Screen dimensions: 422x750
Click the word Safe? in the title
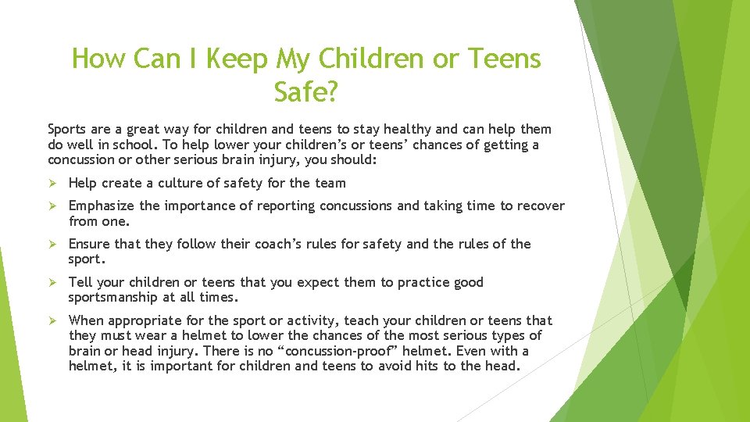pyautogui.click(x=305, y=92)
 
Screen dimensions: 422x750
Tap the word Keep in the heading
pyautogui.click(x=232, y=58)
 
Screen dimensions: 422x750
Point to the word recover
pyautogui.click(x=539, y=206)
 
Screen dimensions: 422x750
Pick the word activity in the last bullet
pyautogui.click(x=322, y=321)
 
